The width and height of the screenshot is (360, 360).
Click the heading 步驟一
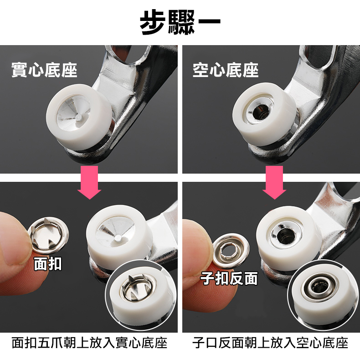pyautogui.click(x=180, y=22)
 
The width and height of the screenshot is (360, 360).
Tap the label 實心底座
pyautogui.click(x=44, y=70)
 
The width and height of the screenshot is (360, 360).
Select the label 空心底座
pyautogui.click(x=226, y=70)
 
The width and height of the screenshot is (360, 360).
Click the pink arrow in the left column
pyautogui.click(x=89, y=182)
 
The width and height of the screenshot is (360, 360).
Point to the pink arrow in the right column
pyautogui.click(x=274, y=182)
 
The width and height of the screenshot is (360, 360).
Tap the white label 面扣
pyautogui.click(x=48, y=264)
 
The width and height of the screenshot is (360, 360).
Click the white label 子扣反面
pyautogui.click(x=229, y=278)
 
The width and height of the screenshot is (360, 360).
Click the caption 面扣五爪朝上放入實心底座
pyautogui.click(x=89, y=343)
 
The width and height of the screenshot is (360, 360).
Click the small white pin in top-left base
pyautogui.click(x=79, y=117)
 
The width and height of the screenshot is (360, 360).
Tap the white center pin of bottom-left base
pyautogui.click(x=118, y=237)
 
